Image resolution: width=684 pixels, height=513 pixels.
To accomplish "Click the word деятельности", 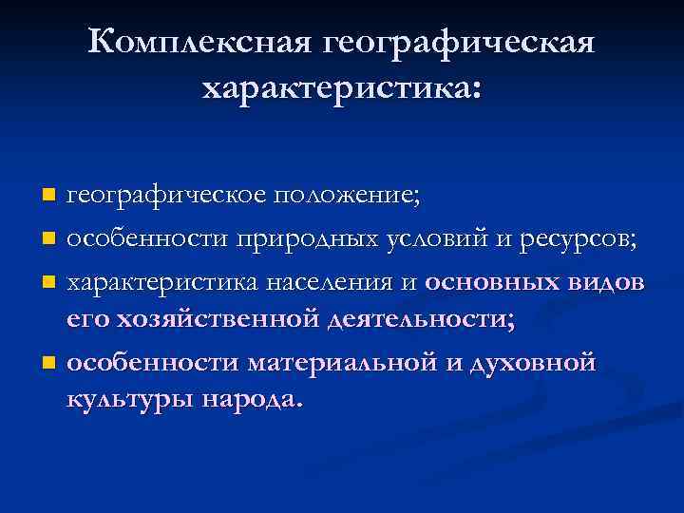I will coord(420,319).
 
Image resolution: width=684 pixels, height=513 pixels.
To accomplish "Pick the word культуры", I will coord(129,399).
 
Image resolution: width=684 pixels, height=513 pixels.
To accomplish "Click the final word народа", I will coord(254,399).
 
